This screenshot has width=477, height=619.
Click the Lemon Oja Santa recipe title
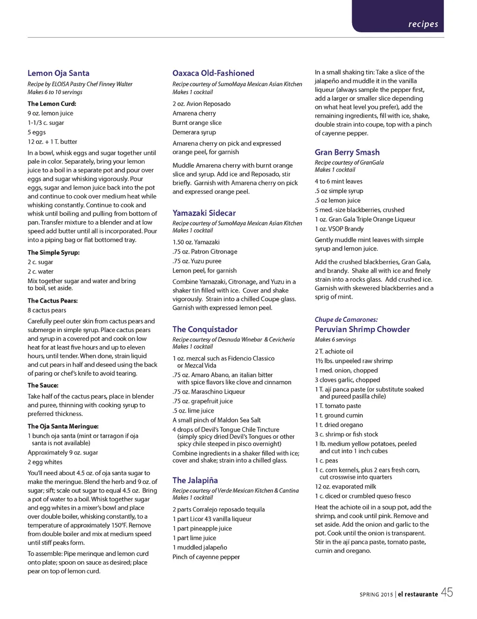point(58,73)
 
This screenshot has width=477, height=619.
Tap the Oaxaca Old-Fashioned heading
point(213,73)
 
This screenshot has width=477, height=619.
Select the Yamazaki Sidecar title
point(204,213)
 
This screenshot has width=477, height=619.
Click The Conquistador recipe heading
point(205,329)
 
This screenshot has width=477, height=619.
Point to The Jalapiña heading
point(195,480)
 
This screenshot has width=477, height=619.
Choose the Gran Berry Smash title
point(347,152)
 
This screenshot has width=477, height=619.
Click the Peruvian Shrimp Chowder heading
point(362,329)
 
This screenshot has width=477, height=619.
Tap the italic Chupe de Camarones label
point(346,320)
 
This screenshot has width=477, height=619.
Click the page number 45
point(447,592)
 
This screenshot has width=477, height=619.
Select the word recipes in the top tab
point(423,24)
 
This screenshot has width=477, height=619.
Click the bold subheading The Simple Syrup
point(54,252)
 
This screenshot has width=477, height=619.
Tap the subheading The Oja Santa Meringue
point(63,426)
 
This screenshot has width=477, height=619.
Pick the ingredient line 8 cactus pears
point(47,310)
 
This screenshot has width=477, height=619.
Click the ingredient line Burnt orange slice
point(197,123)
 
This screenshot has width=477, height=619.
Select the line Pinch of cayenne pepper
point(206,557)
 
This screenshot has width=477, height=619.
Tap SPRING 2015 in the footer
point(376,595)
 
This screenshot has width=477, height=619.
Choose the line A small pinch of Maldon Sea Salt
point(217,420)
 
